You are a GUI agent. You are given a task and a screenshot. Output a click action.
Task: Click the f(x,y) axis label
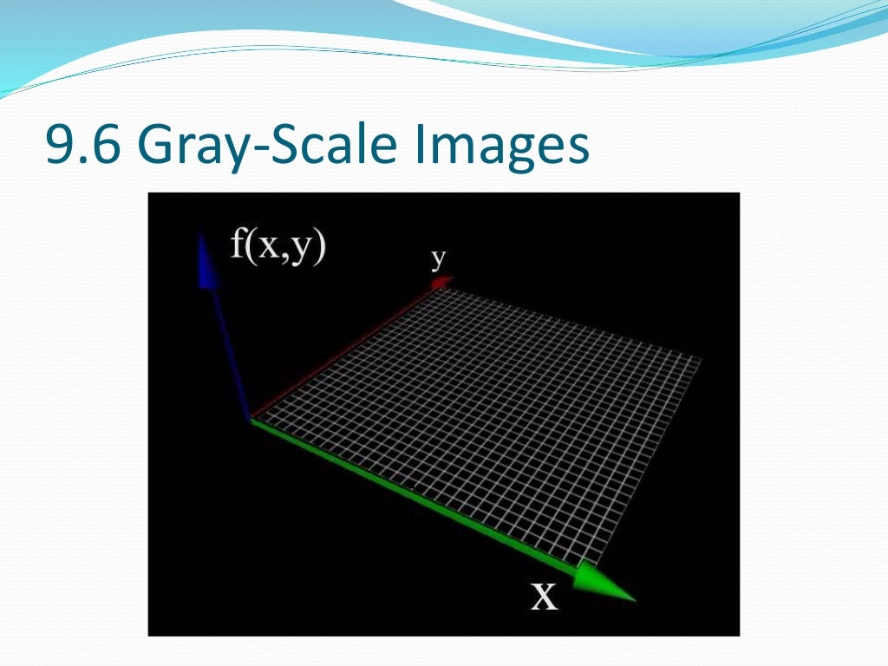pos(277,247)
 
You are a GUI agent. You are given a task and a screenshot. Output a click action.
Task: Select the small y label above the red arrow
pos(439,258)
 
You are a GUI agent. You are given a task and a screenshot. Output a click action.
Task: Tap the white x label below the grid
pos(544,597)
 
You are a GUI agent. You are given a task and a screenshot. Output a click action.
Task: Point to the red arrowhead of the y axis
pos(442,281)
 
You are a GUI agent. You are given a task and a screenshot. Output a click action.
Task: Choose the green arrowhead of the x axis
pos(607,583)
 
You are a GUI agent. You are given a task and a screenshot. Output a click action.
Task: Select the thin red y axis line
pos(347,351)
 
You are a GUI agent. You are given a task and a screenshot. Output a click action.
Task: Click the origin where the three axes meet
pos(251,421)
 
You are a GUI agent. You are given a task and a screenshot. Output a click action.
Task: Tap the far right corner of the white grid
pos(701,357)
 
